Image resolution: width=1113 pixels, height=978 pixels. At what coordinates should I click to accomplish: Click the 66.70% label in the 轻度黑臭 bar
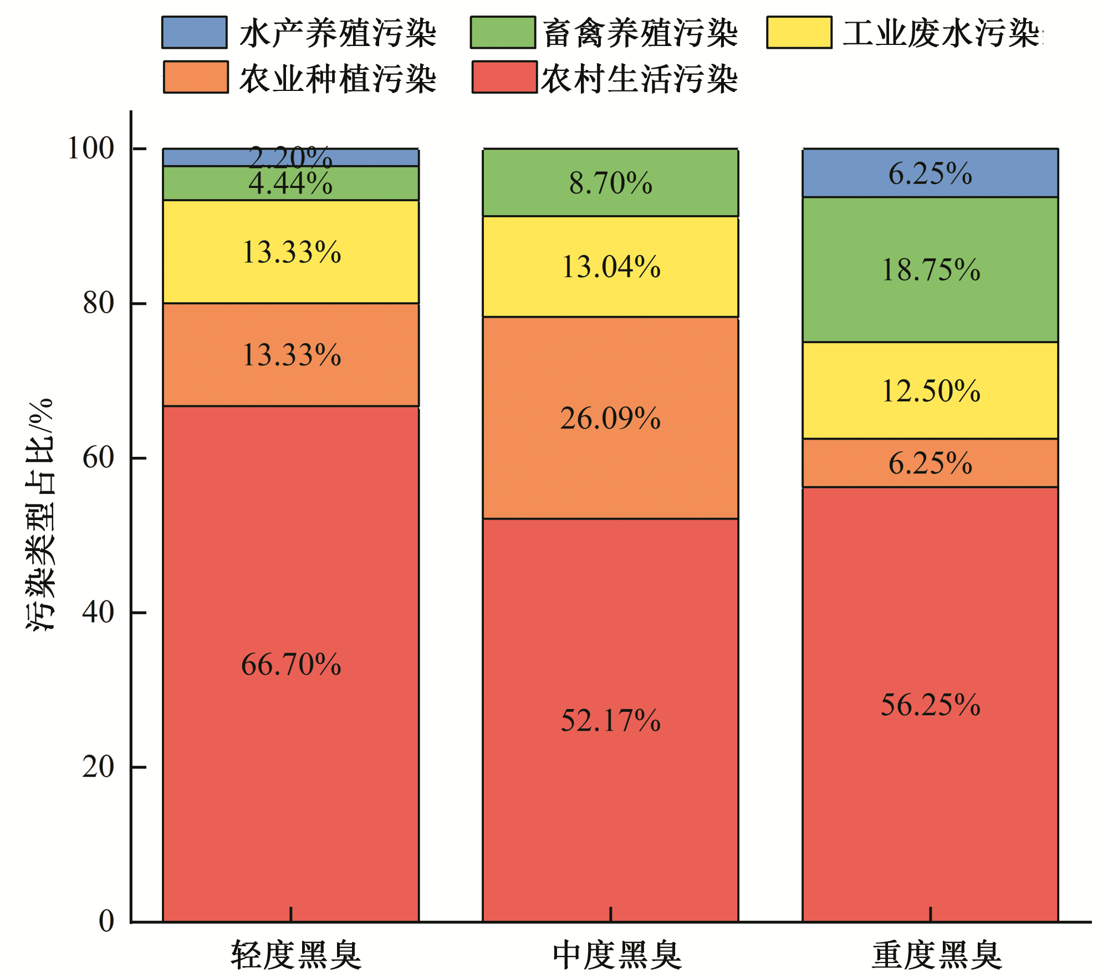pos(291,664)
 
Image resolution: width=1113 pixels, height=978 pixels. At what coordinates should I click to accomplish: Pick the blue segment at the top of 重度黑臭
pos(930,173)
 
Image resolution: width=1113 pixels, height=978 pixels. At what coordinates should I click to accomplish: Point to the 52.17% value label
pos(610,720)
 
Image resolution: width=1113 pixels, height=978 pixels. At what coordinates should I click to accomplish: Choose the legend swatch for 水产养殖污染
pos(194,33)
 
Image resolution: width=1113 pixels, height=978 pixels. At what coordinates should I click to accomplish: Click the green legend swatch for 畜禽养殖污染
pos(502,33)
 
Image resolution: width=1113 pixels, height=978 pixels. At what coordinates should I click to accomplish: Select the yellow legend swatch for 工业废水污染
pos(799,33)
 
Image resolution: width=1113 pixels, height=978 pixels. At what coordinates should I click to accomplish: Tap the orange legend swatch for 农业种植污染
pos(195,77)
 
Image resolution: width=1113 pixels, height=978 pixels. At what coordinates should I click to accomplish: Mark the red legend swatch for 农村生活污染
pos(504,77)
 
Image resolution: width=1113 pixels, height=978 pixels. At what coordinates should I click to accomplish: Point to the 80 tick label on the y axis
pos(99,303)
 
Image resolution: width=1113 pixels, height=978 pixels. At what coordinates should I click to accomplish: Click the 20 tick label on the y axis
pos(99,767)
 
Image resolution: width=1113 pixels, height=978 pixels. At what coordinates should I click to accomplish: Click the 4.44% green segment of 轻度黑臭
pos(291,184)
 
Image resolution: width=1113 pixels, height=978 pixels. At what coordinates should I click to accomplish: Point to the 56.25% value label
pos(930,705)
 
